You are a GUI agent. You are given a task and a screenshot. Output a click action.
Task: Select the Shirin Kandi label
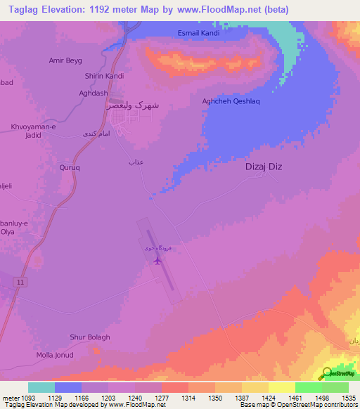(x=104, y=76)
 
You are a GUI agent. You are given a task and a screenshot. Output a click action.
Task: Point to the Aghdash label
(x=94, y=93)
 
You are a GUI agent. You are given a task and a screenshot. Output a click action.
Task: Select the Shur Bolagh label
(x=90, y=337)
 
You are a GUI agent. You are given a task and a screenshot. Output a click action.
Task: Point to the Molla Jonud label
(x=54, y=355)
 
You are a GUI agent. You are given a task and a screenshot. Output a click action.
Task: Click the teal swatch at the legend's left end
(x=41, y=387)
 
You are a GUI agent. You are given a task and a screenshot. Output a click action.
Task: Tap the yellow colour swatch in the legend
(x=282, y=387)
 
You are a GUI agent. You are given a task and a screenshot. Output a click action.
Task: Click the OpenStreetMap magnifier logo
(x=327, y=373)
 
